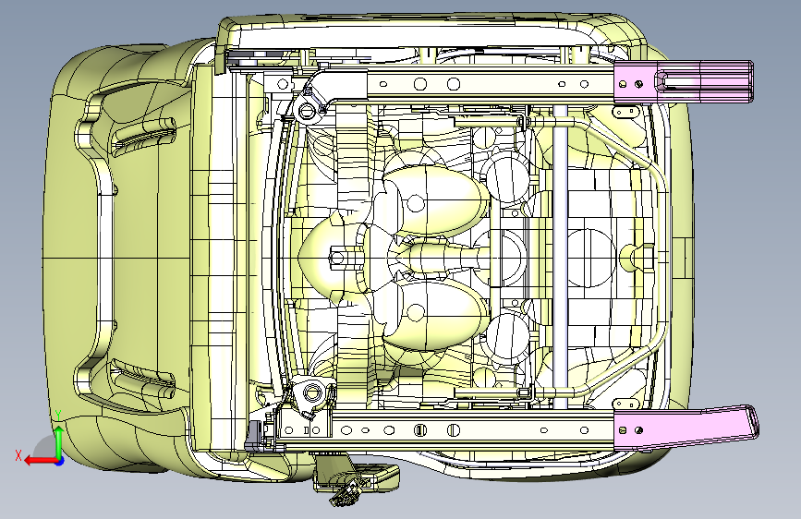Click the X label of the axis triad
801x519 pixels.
(x=18, y=454)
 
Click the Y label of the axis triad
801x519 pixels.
(x=58, y=413)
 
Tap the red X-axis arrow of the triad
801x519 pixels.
(x=37, y=459)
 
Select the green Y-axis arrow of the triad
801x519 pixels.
(x=58, y=439)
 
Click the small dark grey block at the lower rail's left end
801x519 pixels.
(x=252, y=433)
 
